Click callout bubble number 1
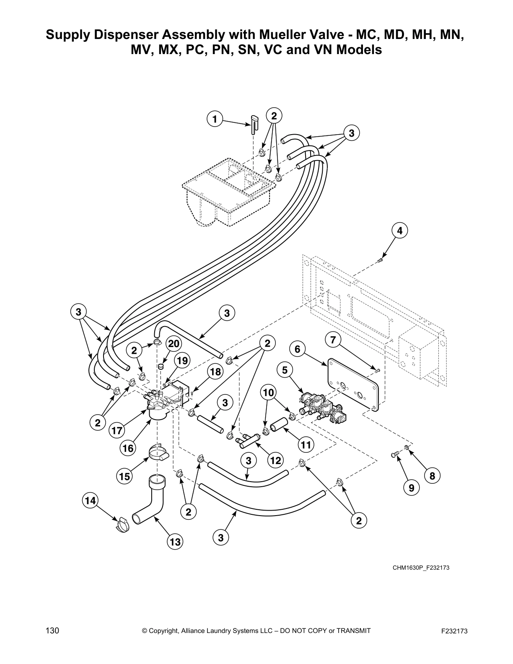pos(215,119)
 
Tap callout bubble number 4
pos(399,231)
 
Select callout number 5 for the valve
pos(285,370)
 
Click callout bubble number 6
pos(298,349)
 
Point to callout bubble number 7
pos(333,340)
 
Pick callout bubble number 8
pos(432,475)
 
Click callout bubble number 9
pos(411,488)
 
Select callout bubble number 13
pos(175,542)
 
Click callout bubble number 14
pos(90,500)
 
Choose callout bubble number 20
pos(174,344)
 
